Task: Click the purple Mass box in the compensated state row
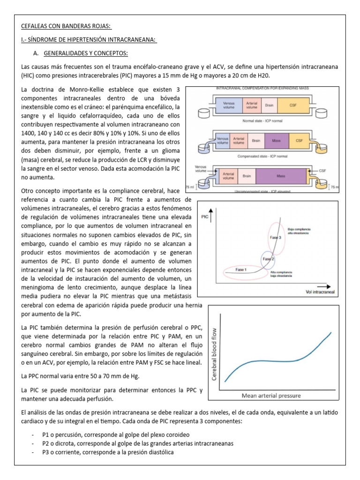pos(276,140)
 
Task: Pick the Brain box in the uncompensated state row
pos(247,176)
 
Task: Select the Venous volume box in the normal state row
pos(229,105)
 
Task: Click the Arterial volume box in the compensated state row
pos(239,140)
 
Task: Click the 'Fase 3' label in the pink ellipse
pos(275,238)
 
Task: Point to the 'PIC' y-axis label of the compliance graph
pos(205,217)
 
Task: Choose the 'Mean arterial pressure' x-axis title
pos(271,396)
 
